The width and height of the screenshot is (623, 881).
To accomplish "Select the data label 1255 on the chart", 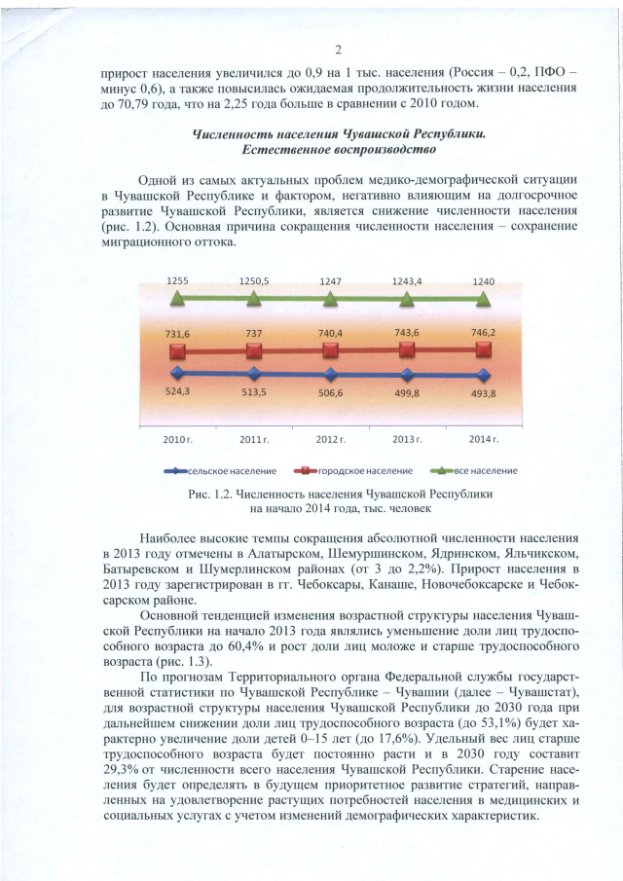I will pyautogui.click(x=177, y=280).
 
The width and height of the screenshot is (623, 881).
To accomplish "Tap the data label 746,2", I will pyautogui.click(x=484, y=332).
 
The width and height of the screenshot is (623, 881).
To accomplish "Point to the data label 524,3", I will pyautogui.click(x=177, y=392).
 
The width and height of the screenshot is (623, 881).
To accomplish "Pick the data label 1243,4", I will pyautogui.click(x=407, y=280).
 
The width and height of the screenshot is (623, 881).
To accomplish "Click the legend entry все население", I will pyautogui.click(x=486, y=471).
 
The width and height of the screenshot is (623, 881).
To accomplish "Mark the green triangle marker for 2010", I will pyautogui.click(x=177, y=297).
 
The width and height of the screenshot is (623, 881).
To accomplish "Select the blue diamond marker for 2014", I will pyautogui.click(x=484, y=375).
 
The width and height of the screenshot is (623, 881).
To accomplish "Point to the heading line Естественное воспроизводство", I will pyautogui.click(x=338, y=150).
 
